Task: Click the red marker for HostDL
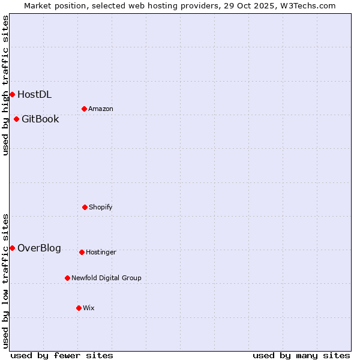click(x=12, y=94)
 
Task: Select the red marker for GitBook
click(x=16, y=119)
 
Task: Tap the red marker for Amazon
click(x=84, y=109)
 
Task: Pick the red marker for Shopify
click(x=85, y=207)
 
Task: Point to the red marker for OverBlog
click(x=12, y=248)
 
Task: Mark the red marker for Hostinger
click(x=82, y=252)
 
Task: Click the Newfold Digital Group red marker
click(x=67, y=278)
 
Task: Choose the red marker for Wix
click(x=79, y=308)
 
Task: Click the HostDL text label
click(x=34, y=94)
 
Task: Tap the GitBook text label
click(x=40, y=119)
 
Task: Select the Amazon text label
click(x=101, y=109)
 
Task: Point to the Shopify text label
click(x=101, y=207)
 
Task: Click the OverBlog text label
click(x=39, y=248)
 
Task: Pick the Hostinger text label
click(x=101, y=252)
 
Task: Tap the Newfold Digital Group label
click(x=106, y=278)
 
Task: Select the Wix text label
click(x=89, y=308)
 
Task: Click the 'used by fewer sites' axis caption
click(x=62, y=355)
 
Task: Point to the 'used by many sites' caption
click(x=301, y=355)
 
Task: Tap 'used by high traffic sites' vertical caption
click(x=5, y=86)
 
